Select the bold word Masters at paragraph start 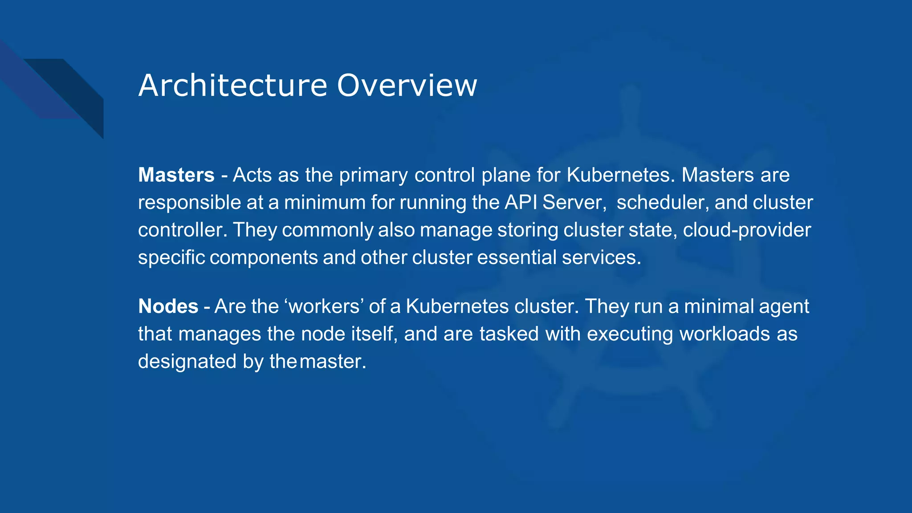pyautogui.click(x=176, y=175)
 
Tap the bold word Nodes pyautogui.click(x=168, y=306)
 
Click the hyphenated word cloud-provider pyautogui.click(x=747, y=230)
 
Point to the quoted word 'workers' pyautogui.click(x=324, y=306)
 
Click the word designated pyautogui.click(x=187, y=362)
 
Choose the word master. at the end pyautogui.click(x=333, y=362)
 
